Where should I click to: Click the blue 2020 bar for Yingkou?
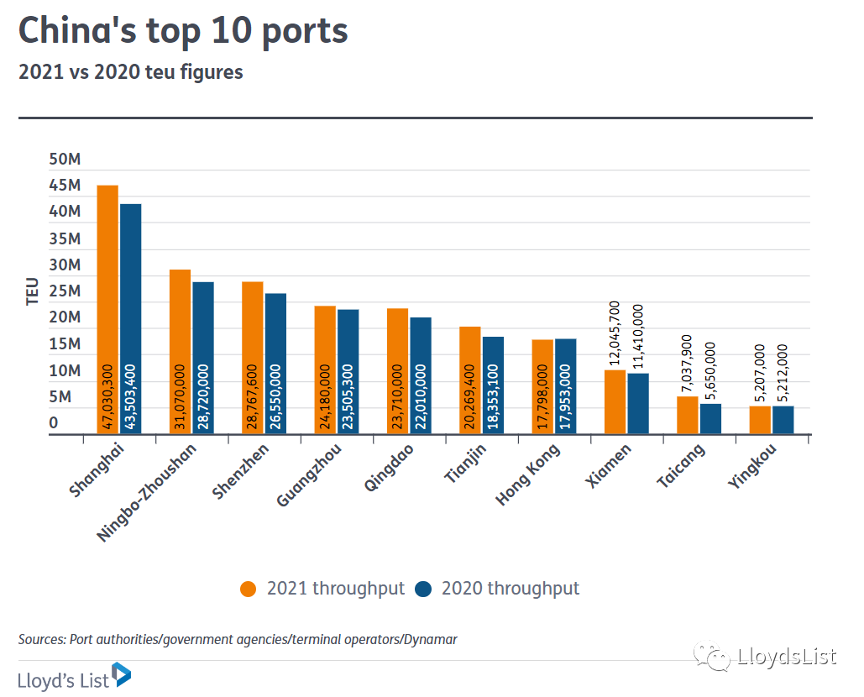click(783, 419)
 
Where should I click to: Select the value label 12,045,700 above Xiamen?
click(615, 334)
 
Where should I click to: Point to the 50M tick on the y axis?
click(65, 160)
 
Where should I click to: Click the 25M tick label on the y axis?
click(65, 291)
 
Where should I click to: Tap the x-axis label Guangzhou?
click(306, 476)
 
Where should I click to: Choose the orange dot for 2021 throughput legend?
click(249, 589)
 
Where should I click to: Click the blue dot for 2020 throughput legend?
click(423, 589)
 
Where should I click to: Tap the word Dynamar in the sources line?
click(429, 639)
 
